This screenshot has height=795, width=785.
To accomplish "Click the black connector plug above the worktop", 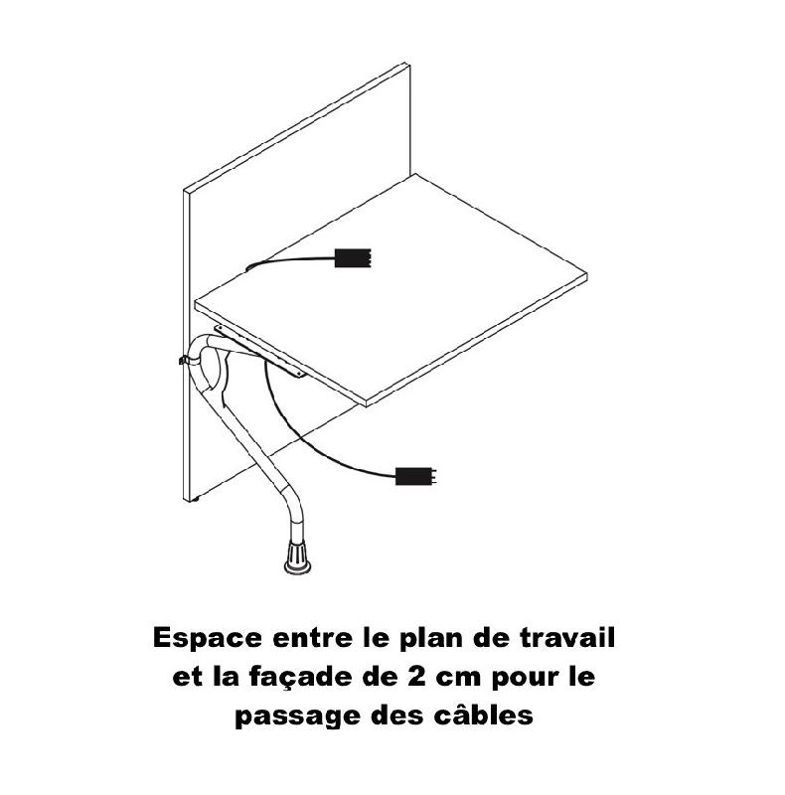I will coord(353,258).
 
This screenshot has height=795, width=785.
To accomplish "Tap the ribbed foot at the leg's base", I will coord(297,556).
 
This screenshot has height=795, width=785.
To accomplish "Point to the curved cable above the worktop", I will coord(288,258).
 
